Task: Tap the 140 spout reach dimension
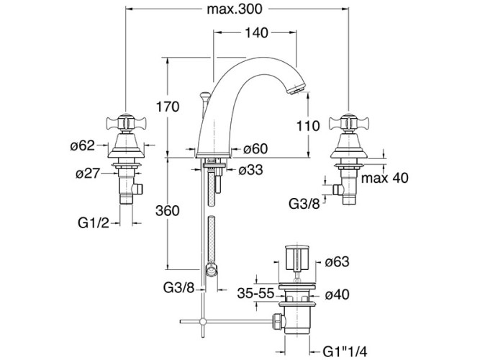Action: click(x=256, y=33)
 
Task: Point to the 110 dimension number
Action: click(x=307, y=125)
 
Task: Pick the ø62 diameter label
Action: click(x=83, y=146)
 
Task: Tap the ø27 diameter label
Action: click(x=88, y=173)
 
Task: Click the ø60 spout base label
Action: click(x=255, y=148)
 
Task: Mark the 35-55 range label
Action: click(x=255, y=294)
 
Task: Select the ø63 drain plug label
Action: click(x=338, y=261)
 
